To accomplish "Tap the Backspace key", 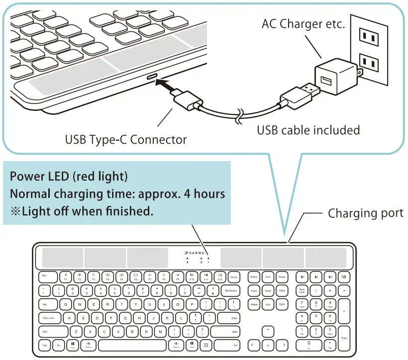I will pyautogui.click(x=230, y=290).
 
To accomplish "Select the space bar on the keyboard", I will pyautogui.click(x=132, y=345).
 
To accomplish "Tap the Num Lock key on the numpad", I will pyautogui.click(x=302, y=290).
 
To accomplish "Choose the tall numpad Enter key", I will pyautogui.click(x=343, y=338).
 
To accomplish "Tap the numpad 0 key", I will pyautogui.click(x=309, y=345).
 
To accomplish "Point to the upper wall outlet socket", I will pyautogui.click(x=369, y=35).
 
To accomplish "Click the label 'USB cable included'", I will pyautogui.click(x=308, y=130).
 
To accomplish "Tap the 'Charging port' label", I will pyautogui.click(x=365, y=213).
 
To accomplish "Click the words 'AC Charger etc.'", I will pyautogui.click(x=303, y=23).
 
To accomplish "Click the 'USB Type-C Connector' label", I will pyautogui.click(x=126, y=140).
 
